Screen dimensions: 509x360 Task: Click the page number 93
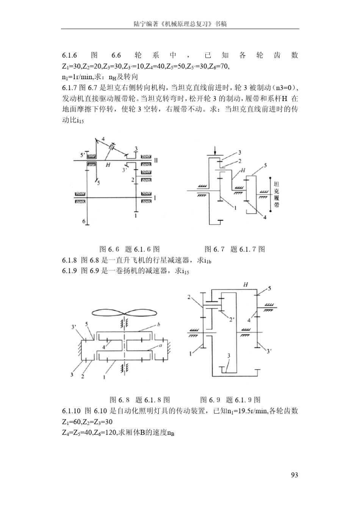[294, 475]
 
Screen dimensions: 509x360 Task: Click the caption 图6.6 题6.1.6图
[129, 249]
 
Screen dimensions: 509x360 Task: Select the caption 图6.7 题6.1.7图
[235, 249]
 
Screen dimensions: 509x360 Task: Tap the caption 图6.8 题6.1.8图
[139, 400]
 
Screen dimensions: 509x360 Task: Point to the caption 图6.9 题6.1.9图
[230, 400]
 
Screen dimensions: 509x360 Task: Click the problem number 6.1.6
[70, 55]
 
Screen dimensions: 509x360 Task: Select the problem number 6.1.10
[71, 411]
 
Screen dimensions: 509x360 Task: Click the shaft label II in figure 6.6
[156, 160]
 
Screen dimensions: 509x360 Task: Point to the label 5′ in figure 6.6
[83, 155]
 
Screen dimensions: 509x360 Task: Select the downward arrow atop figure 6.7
[215, 150]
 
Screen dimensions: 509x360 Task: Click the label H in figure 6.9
[245, 284]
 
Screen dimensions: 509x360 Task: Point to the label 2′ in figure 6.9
[232, 319]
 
